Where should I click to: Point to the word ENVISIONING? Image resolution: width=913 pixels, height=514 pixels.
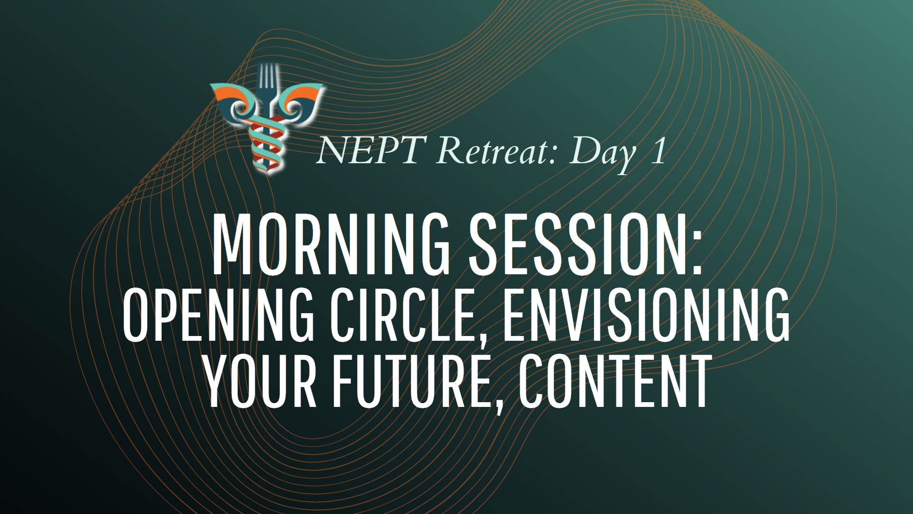[x=646, y=315]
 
